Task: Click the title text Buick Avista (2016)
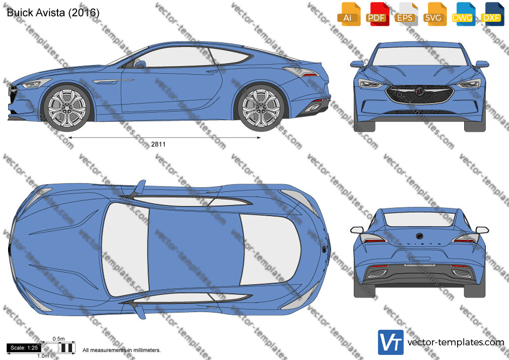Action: click(x=53, y=12)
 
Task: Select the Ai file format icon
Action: click(x=349, y=14)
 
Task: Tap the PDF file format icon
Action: click(x=377, y=14)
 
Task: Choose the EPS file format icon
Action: click(x=406, y=14)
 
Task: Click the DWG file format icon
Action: click(x=464, y=14)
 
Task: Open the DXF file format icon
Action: click(x=492, y=14)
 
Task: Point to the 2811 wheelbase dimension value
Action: click(x=158, y=144)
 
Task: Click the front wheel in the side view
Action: click(x=67, y=108)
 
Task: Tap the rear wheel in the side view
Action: click(x=261, y=108)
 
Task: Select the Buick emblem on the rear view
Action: click(x=420, y=235)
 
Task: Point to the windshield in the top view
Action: click(x=125, y=250)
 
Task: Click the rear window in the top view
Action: click(x=270, y=250)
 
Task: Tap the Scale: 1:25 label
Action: click(x=24, y=348)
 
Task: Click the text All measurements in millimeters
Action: click(x=121, y=350)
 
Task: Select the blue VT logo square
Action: click(x=391, y=342)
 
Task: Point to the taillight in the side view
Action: click(x=300, y=72)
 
